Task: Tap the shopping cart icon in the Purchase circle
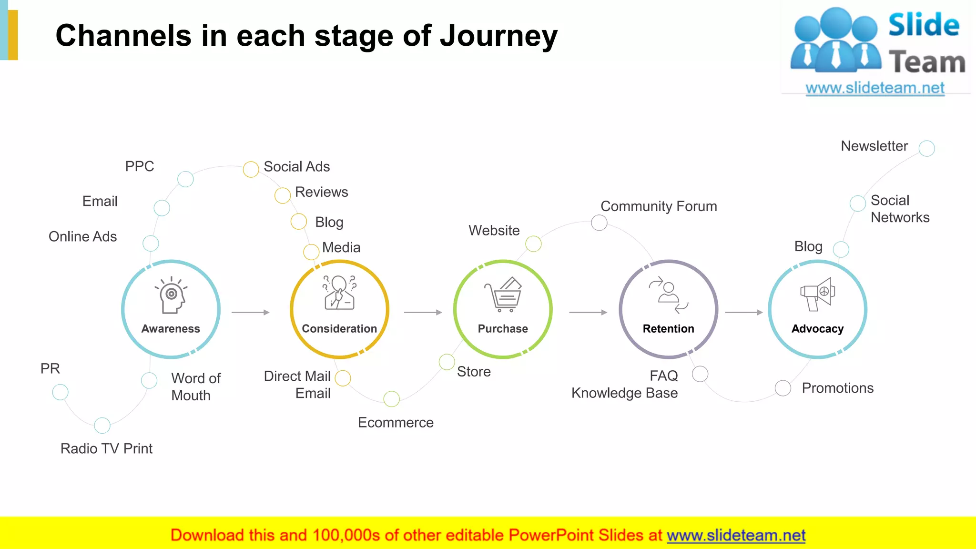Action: click(x=504, y=295)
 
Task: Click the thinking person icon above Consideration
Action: click(x=339, y=292)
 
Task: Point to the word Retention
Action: click(x=668, y=329)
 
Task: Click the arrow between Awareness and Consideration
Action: click(x=251, y=313)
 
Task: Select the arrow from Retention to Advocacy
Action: click(x=744, y=313)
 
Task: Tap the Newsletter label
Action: click(x=874, y=146)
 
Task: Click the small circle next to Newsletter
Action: click(x=926, y=148)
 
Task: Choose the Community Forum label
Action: click(x=659, y=206)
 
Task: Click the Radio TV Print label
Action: click(x=106, y=448)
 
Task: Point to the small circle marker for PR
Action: click(x=61, y=392)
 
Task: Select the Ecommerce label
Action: click(x=396, y=423)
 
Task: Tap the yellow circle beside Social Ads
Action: click(x=251, y=169)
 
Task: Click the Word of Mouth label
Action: click(x=195, y=386)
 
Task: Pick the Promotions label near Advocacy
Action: click(x=837, y=388)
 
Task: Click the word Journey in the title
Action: click(x=498, y=36)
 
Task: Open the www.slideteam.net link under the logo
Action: click(x=874, y=88)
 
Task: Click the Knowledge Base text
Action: click(x=624, y=393)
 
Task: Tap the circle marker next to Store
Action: click(x=447, y=362)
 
